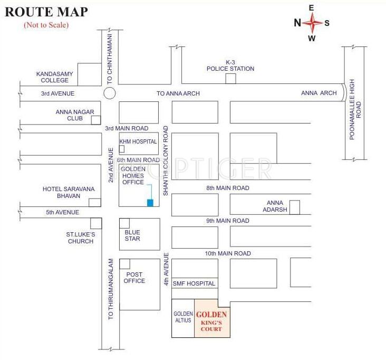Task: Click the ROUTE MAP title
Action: [46, 12]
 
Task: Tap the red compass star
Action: [312, 23]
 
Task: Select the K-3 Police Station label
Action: [230, 65]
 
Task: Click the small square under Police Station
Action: [230, 79]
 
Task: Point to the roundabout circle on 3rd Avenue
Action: [109, 93]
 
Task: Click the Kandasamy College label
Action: [52, 77]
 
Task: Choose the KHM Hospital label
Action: [138, 141]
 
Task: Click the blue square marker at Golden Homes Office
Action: [150, 203]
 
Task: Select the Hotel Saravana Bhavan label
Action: [61, 192]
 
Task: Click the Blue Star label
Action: [132, 235]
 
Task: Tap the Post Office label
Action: [134, 278]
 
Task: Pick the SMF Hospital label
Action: [194, 283]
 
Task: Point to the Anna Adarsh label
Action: [275, 206]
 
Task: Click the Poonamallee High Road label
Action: [355, 103]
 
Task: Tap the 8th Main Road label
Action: [228, 188]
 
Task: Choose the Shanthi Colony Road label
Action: [166, 160]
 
